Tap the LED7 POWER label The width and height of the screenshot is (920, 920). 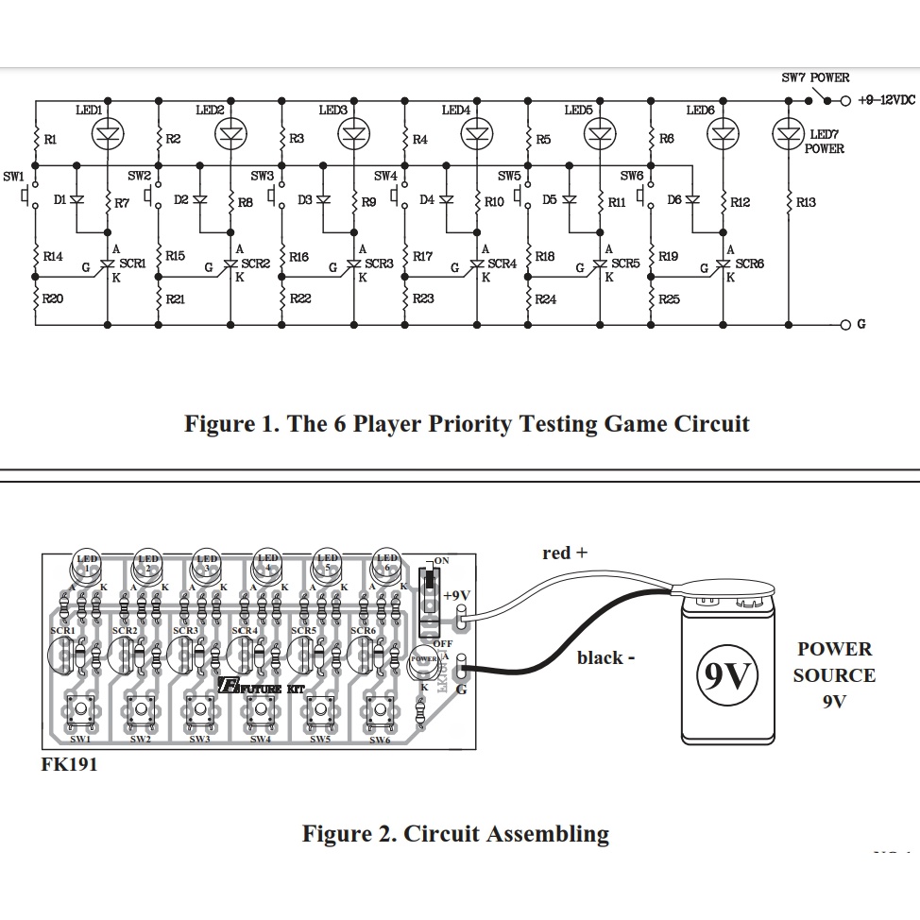pos(823,142)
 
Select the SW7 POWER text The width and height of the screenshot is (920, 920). pos(814,78)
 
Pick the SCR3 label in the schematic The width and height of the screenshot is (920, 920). pos(379,264)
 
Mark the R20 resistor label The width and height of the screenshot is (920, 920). pos(53,298)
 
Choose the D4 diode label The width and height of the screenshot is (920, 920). pos(426,200)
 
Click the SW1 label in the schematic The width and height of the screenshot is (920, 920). pos(13,176)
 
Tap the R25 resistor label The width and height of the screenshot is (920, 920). pos(669,298)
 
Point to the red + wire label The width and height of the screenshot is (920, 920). pos(564,554)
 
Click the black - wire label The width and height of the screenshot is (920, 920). pos(605,657)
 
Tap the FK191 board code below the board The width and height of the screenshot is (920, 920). pos(69,764)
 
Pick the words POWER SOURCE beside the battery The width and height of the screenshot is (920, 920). pos(833,662)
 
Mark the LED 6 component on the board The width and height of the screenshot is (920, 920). pos(387,564)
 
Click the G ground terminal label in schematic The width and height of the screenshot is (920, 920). pos(860,325)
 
